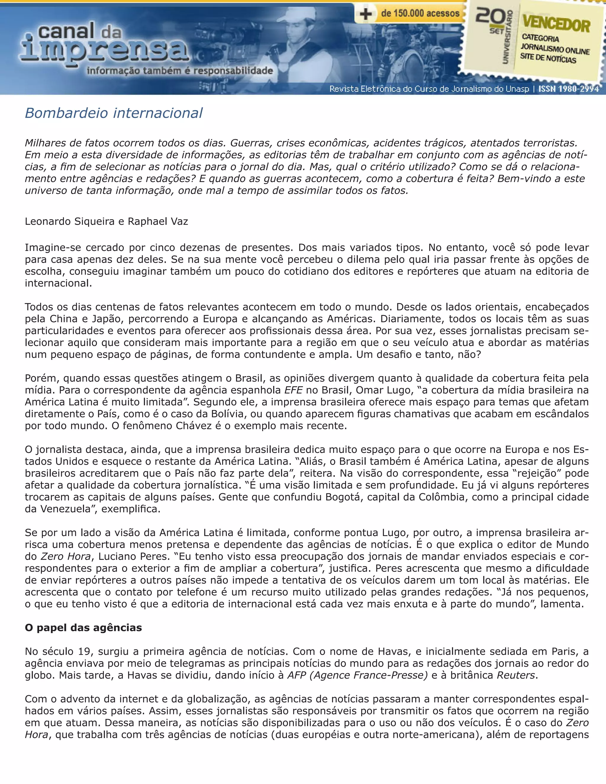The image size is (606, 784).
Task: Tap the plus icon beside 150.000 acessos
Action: click(x=365, y=14)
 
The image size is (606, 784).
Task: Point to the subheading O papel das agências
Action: click(x=83, y=627)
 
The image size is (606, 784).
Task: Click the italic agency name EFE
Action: click(x=293, y=390)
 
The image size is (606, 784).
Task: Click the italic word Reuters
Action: click(x=516, y=675)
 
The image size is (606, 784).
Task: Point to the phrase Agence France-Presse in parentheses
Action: click(x=368, y=675)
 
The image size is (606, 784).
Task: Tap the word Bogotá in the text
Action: click(x=345, y=497)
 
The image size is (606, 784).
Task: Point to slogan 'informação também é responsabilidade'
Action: click(x=180, y=71)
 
